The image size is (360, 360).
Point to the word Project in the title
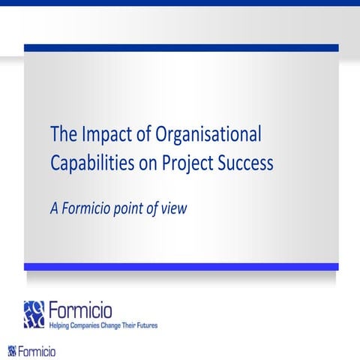(190, 163)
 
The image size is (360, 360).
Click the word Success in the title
(245, 162)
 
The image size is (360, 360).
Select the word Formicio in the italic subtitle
(89, 208)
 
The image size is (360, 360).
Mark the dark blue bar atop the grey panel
(181, 48)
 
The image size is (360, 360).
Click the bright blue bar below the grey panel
(181, 266)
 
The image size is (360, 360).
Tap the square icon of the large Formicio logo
(34, 314)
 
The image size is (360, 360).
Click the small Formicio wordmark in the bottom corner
(37, 351)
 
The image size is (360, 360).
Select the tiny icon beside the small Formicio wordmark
(11, 351)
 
